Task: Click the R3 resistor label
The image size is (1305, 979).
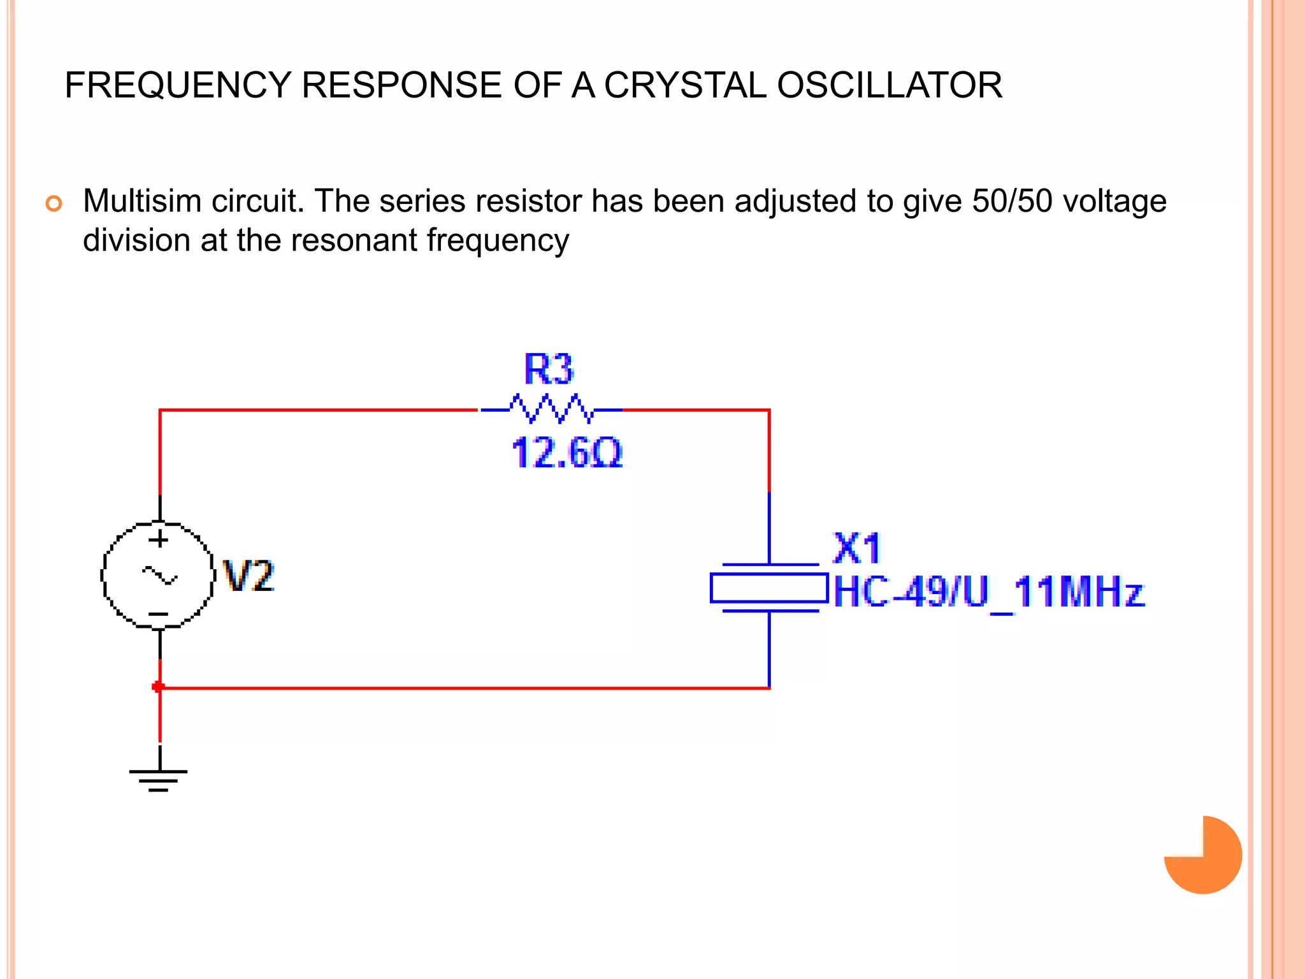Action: coord(549,369)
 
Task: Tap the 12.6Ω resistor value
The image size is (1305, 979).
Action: coord(566,453)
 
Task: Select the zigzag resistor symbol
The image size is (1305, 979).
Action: coord(551,409)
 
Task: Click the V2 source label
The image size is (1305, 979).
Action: coord(249,576)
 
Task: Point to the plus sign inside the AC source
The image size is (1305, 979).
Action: coord(159,540)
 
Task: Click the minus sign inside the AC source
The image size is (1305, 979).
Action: coord(159,614)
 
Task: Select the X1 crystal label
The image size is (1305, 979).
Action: coord(857,548)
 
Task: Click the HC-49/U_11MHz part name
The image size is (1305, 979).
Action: coord(989,593)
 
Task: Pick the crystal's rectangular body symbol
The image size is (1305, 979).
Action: coord(769,588)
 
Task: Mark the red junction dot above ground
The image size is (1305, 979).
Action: coord(158,686)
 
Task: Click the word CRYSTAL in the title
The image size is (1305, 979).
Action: coord(684,85)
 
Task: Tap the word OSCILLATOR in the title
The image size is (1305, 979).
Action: coord(890,85)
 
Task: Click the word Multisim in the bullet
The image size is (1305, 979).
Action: coord(142,201)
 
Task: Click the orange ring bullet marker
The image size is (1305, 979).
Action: coord(54,204)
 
